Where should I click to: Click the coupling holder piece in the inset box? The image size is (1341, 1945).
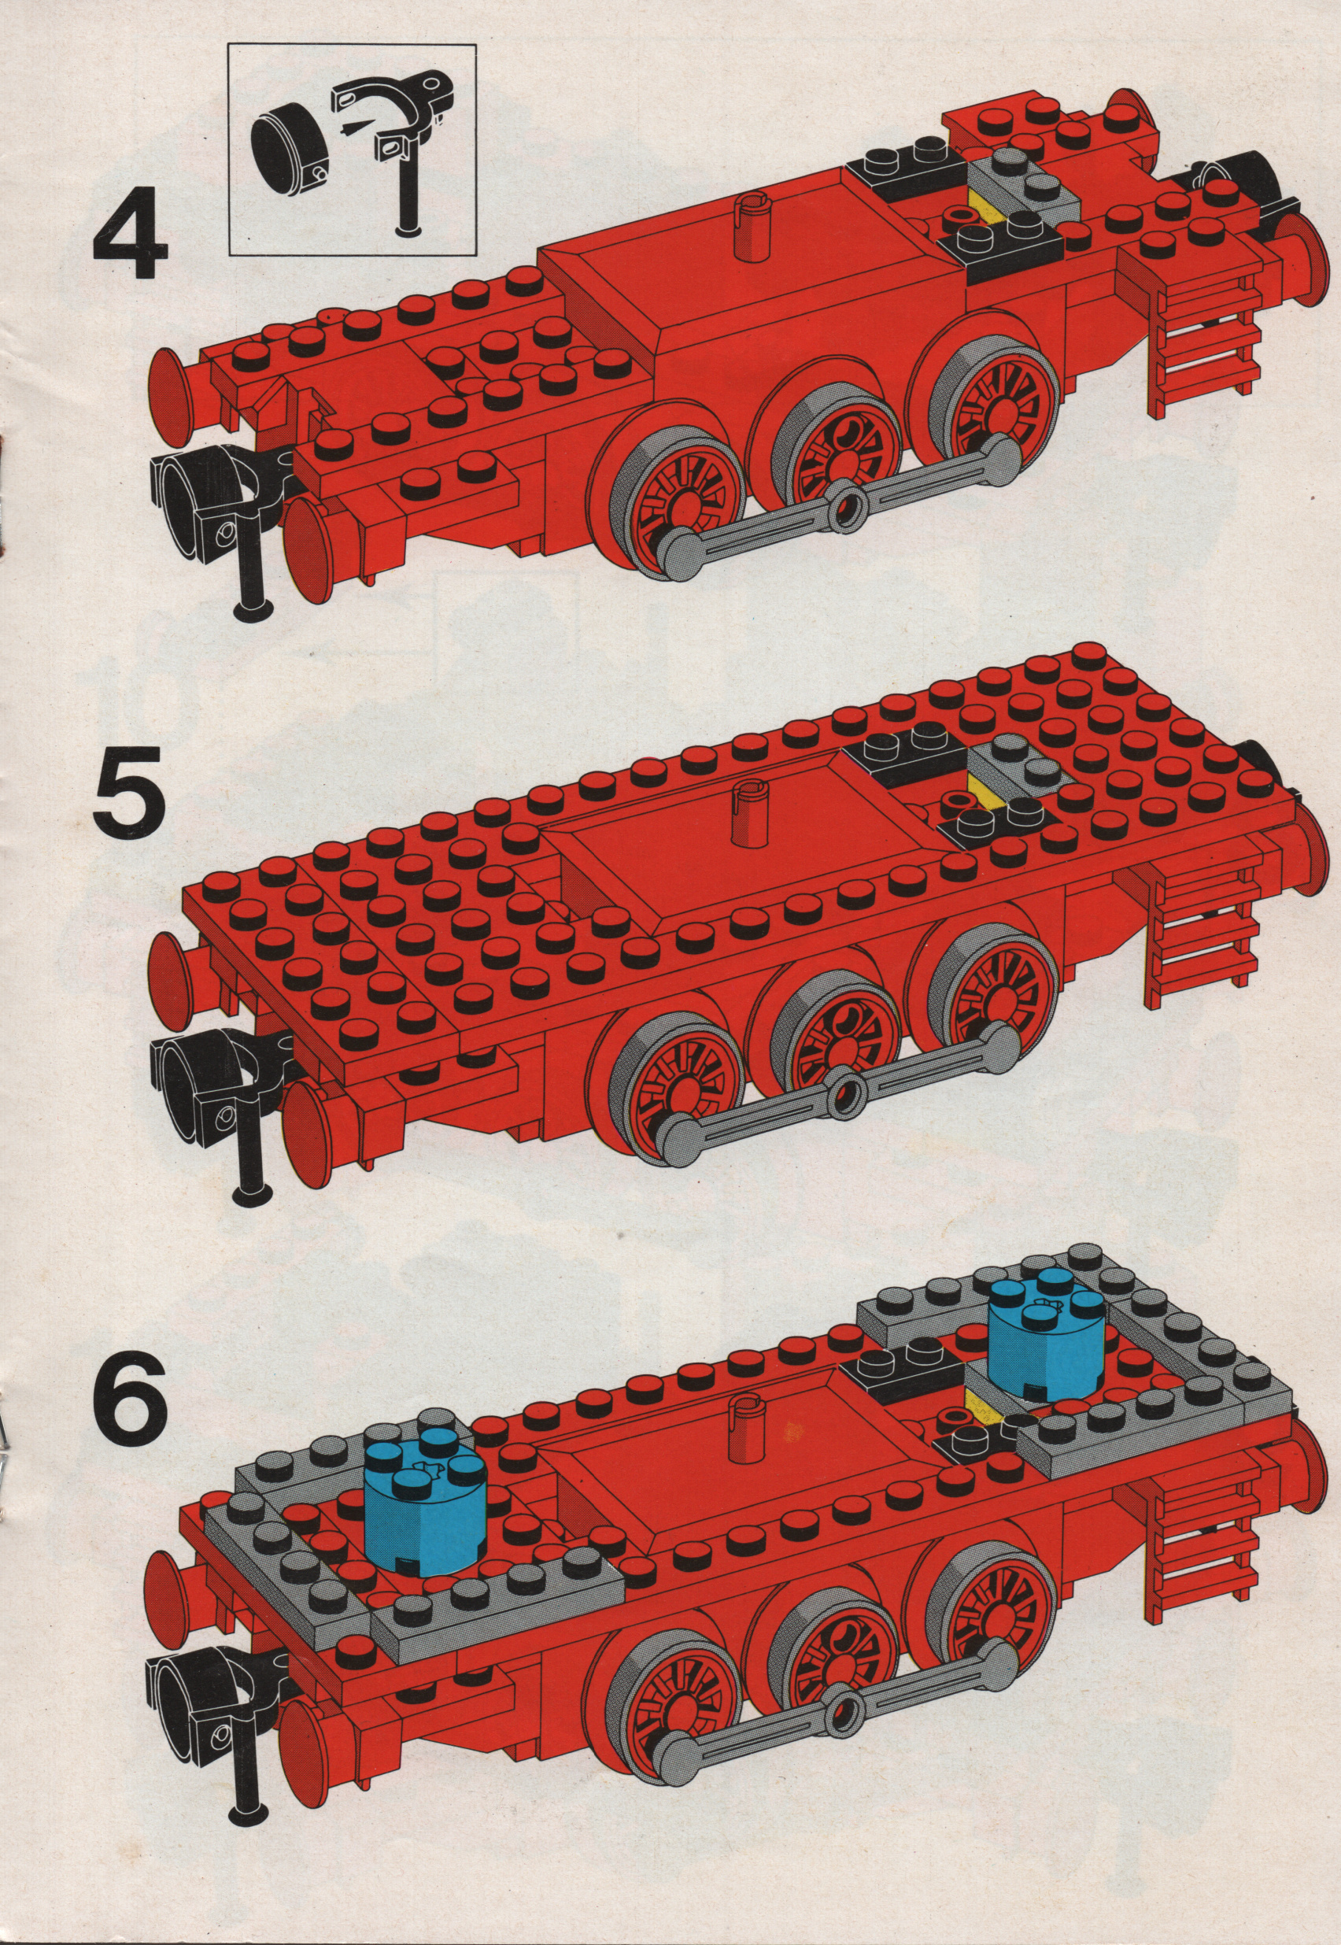[x=402, y=142]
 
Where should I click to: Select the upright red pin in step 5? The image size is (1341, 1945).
[x=746, y=812]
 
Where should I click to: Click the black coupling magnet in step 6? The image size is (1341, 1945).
[x=194, y=1658]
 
